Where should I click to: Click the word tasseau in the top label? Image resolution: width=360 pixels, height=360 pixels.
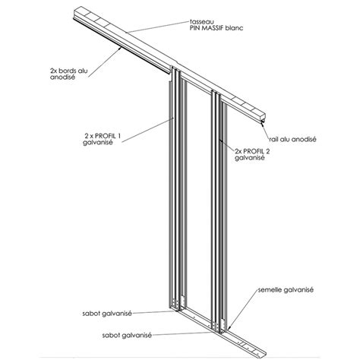(201, 22)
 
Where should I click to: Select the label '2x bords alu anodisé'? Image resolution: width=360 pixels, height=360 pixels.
(69, 74)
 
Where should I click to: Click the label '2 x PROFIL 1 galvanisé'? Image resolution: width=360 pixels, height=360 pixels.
(102, 139)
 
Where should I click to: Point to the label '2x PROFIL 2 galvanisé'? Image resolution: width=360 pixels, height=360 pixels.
(252, 154)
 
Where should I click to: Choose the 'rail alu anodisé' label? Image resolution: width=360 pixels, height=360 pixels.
(292, 139)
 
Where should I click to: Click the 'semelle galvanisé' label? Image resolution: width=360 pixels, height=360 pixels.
(286, 290)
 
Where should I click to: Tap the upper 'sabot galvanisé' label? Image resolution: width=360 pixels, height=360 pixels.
(107, 314)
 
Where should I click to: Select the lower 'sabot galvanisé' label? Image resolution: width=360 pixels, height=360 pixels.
(127, 336)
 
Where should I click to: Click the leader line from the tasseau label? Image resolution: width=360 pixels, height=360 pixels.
(158, 27)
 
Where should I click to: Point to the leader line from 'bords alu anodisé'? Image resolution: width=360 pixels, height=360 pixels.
(104, 63)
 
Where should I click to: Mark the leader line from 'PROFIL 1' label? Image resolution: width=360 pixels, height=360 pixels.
(147, 130)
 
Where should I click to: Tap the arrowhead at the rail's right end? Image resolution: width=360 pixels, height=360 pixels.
(263, 124)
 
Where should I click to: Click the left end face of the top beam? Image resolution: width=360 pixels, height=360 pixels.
(78, 12)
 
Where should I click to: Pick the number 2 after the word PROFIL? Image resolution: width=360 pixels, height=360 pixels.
(267, 151)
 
